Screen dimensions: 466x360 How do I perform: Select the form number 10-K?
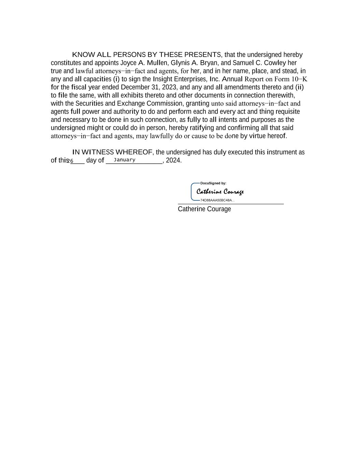click(x=299, y=79)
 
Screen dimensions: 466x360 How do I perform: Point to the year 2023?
click(x=169, y=87)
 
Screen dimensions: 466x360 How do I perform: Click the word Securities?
click(x=89, y=103)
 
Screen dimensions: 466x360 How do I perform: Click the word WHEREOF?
click(x=134, y=152)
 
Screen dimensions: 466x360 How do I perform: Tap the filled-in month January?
click(x=125, y=160)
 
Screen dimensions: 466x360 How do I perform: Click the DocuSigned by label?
click(x=213, y=183)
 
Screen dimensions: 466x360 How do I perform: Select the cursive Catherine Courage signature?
click(x=220, y=192)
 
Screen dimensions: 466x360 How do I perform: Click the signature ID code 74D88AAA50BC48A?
click(x=217, y=200)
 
